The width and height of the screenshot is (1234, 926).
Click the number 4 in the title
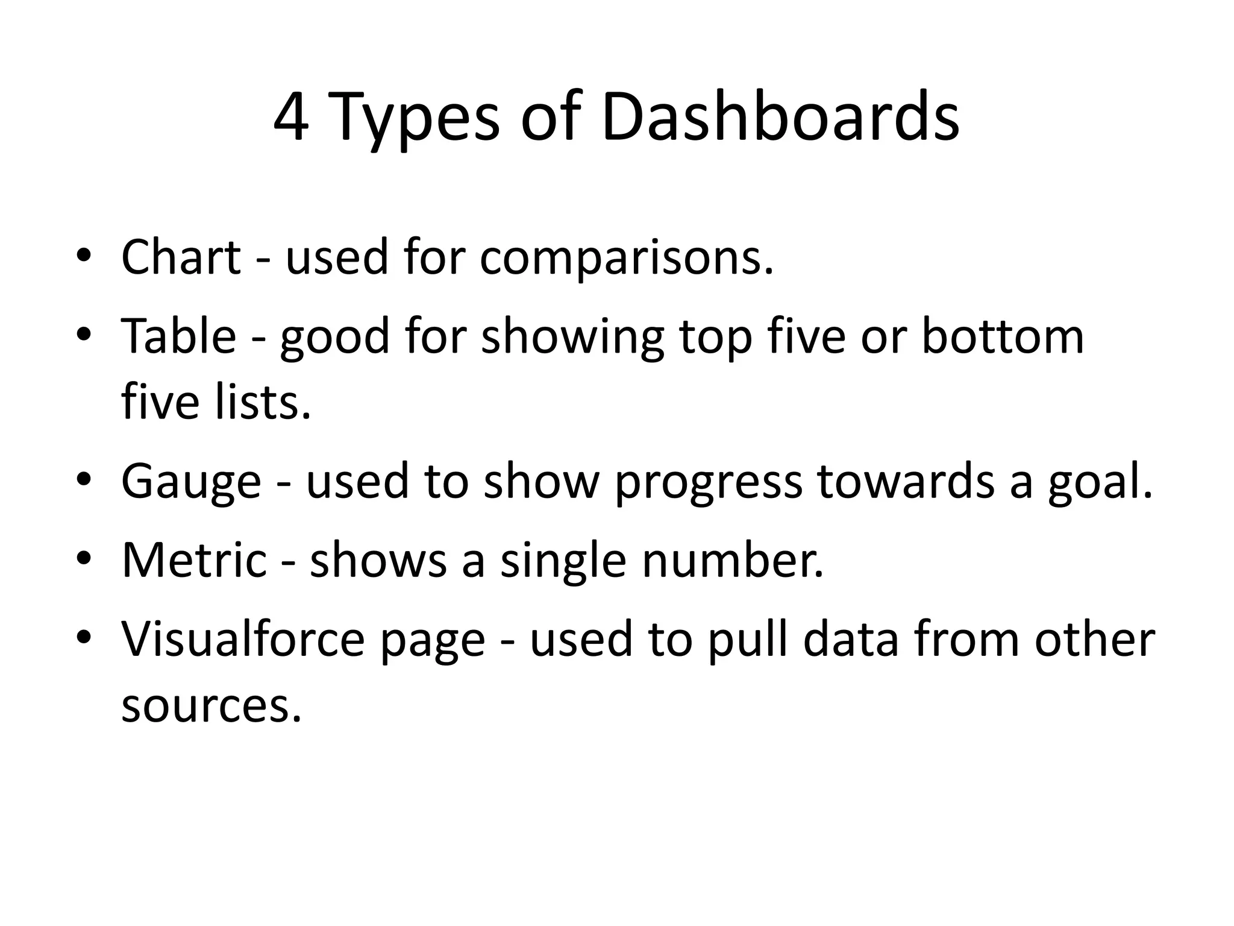pos(292,117)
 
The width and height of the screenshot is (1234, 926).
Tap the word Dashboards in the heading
pos(780,117)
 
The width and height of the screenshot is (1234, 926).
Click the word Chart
pos(181,257)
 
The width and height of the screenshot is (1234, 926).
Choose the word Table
pos(179,336)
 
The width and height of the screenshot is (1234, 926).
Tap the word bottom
pos(1003,336)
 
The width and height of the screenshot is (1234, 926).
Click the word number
pos(732,560)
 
